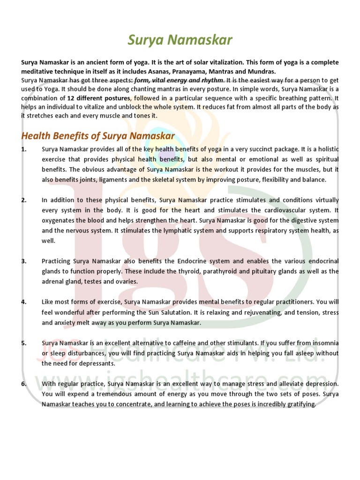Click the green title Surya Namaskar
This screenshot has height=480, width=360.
pos(180,40)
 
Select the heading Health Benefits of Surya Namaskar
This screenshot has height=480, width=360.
pos(98,136)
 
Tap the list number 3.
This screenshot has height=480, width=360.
pos(23,261)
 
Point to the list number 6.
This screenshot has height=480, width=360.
pos(23,383)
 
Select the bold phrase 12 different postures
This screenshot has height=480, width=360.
pos(98,98)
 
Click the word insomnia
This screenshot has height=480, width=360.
pos(322,343)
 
